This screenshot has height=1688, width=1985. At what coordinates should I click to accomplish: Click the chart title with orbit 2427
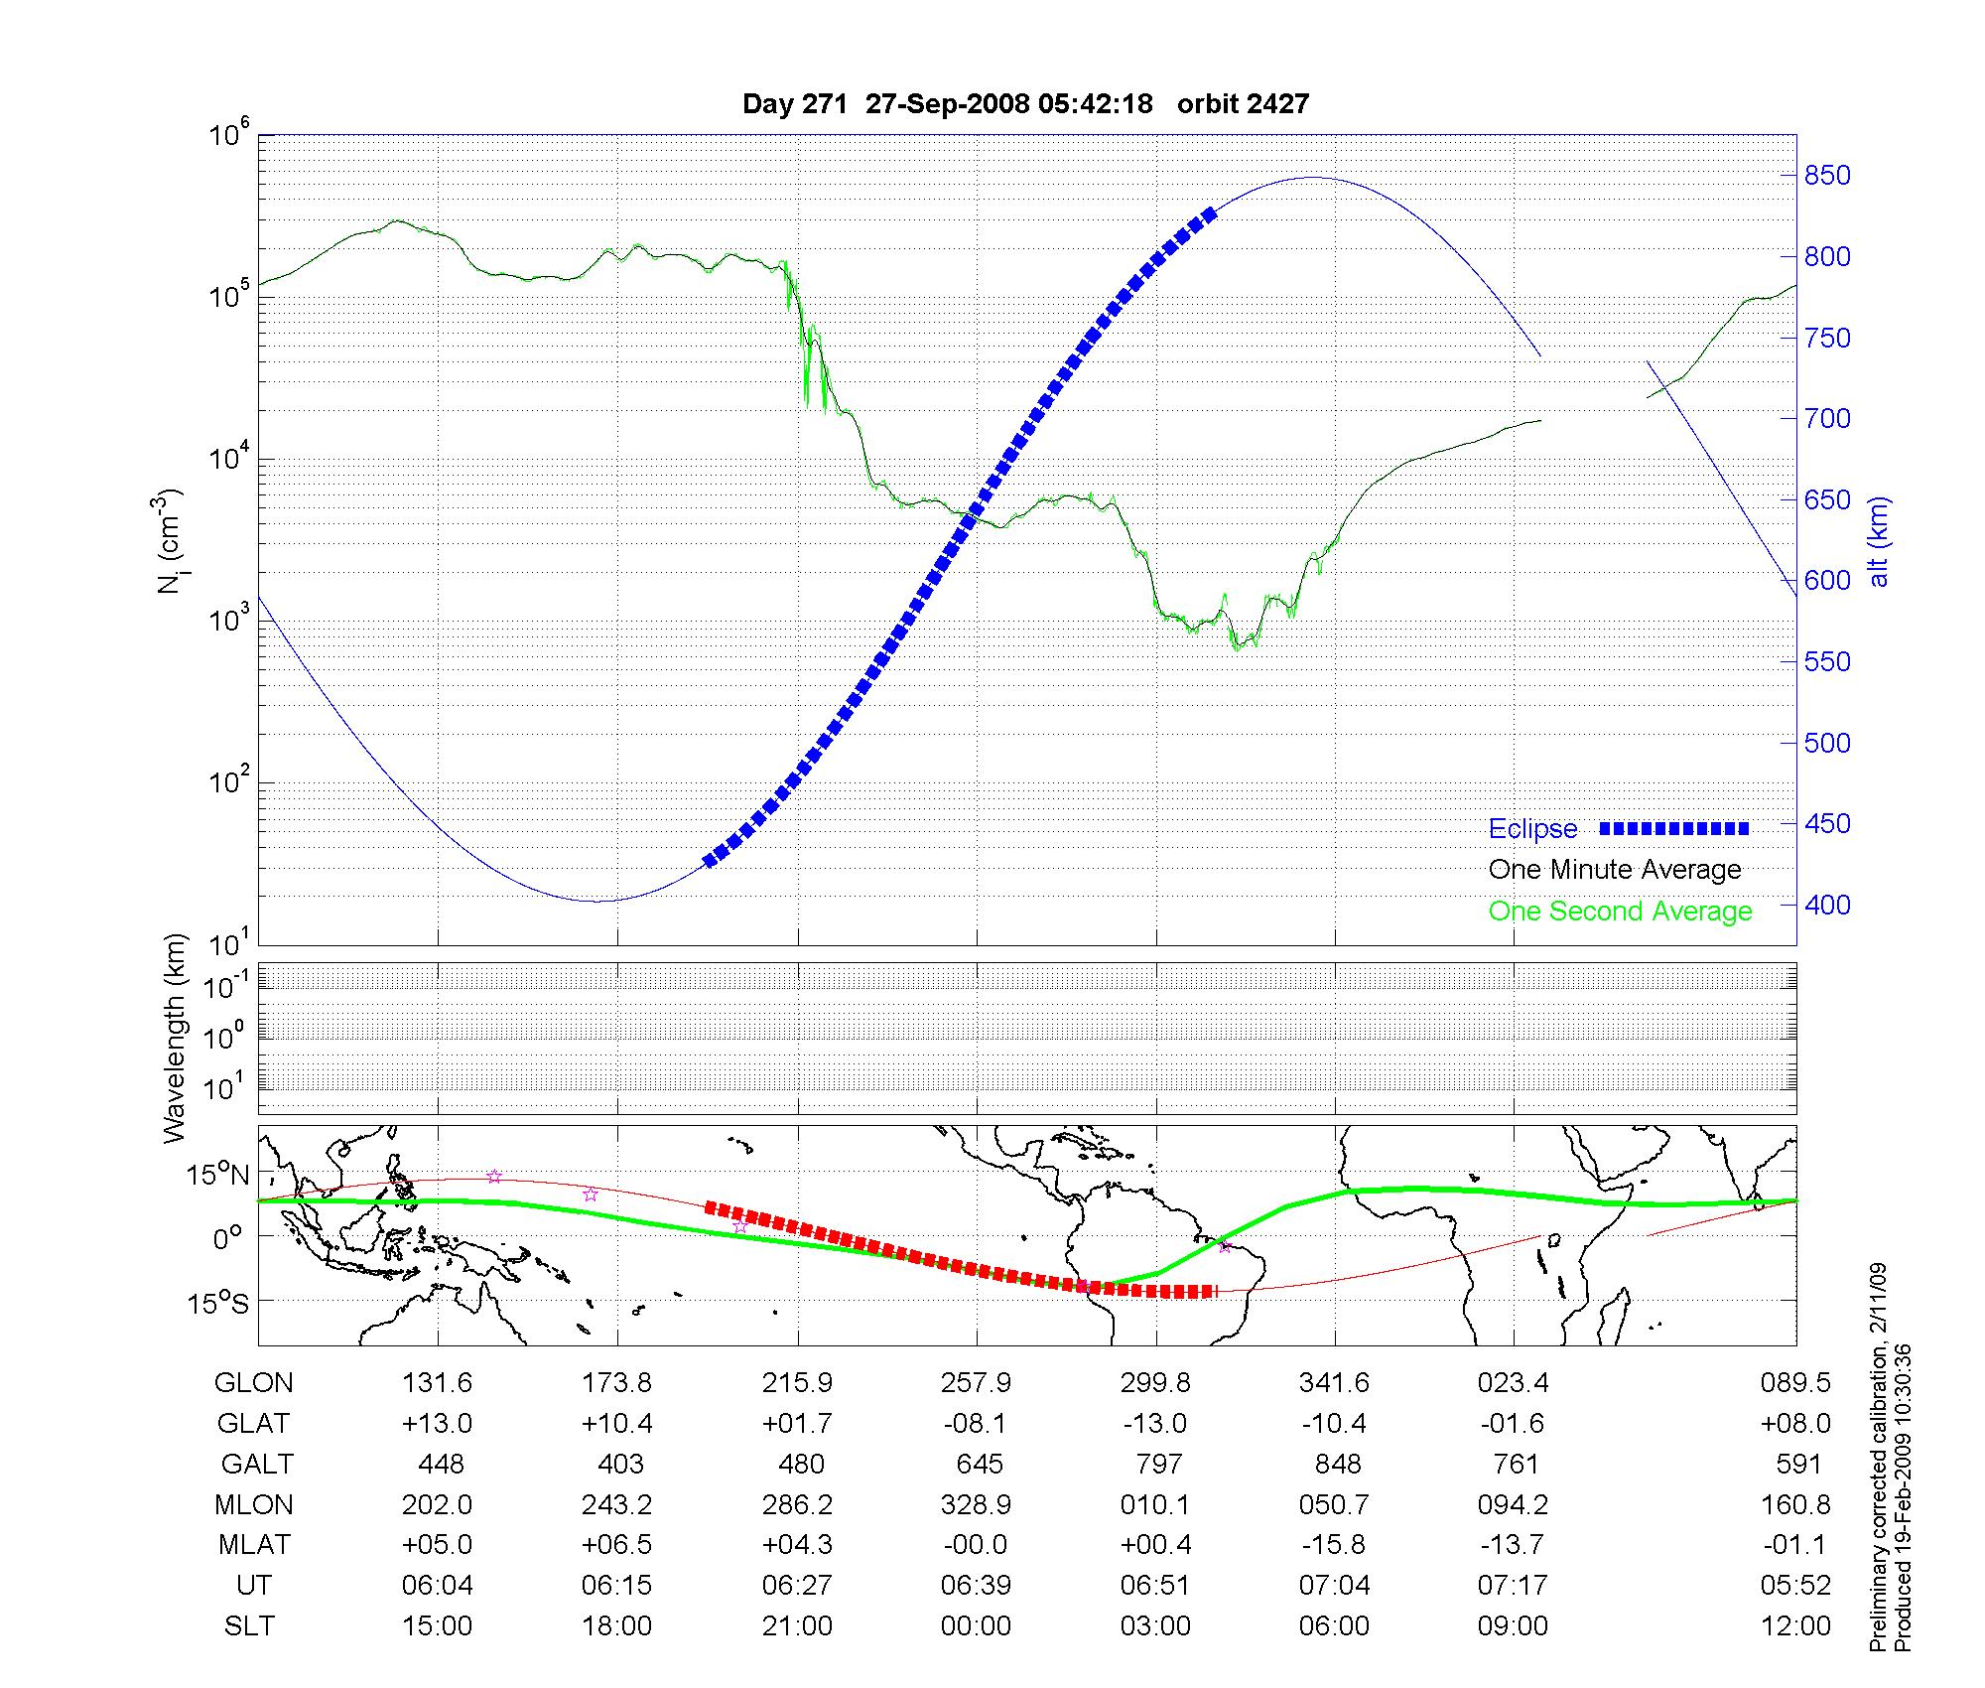pyautogui.click(x=1025, y=103)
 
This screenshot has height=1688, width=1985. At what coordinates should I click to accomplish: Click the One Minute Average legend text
pyautogui.click(x=1615, y=870)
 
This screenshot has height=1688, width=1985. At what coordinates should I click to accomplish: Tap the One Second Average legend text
pyautogui.click(x=1620, y=912)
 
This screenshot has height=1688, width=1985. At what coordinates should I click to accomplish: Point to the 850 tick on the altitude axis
pyautogui.click(x=1827, y=176)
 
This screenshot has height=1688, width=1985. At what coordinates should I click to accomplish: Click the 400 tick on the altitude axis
pyautogui.click(x=1827, y=905)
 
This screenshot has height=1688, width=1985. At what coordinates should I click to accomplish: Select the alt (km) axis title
pyautogui.click(x=1879, y=541)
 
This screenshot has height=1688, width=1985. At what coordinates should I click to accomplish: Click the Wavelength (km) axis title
pyautogui.click(x=175, y=1039)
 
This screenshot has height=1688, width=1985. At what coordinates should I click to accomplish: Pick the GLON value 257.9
pyautogui.click(x=977, y=1383)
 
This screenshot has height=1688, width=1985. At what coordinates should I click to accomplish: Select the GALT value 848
pyautogui.click(x=1337, y=1465)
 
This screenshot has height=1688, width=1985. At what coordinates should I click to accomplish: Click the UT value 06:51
pyautogui.click(x=1155, y=1586)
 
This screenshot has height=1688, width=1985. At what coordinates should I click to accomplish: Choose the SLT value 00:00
pyautogui.click(x=977, y=1626)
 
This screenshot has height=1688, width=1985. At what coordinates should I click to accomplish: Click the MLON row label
pyautogui.click(x=254, y=1505)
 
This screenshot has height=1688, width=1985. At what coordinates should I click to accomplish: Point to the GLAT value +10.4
pyautogui.click(x=616, y=1424)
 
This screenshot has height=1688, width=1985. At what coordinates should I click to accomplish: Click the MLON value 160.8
pyautogui.click(x=1795, y=1505)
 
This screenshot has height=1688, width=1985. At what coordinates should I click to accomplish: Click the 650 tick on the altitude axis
pyautogui.click(x=1827, y=500)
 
